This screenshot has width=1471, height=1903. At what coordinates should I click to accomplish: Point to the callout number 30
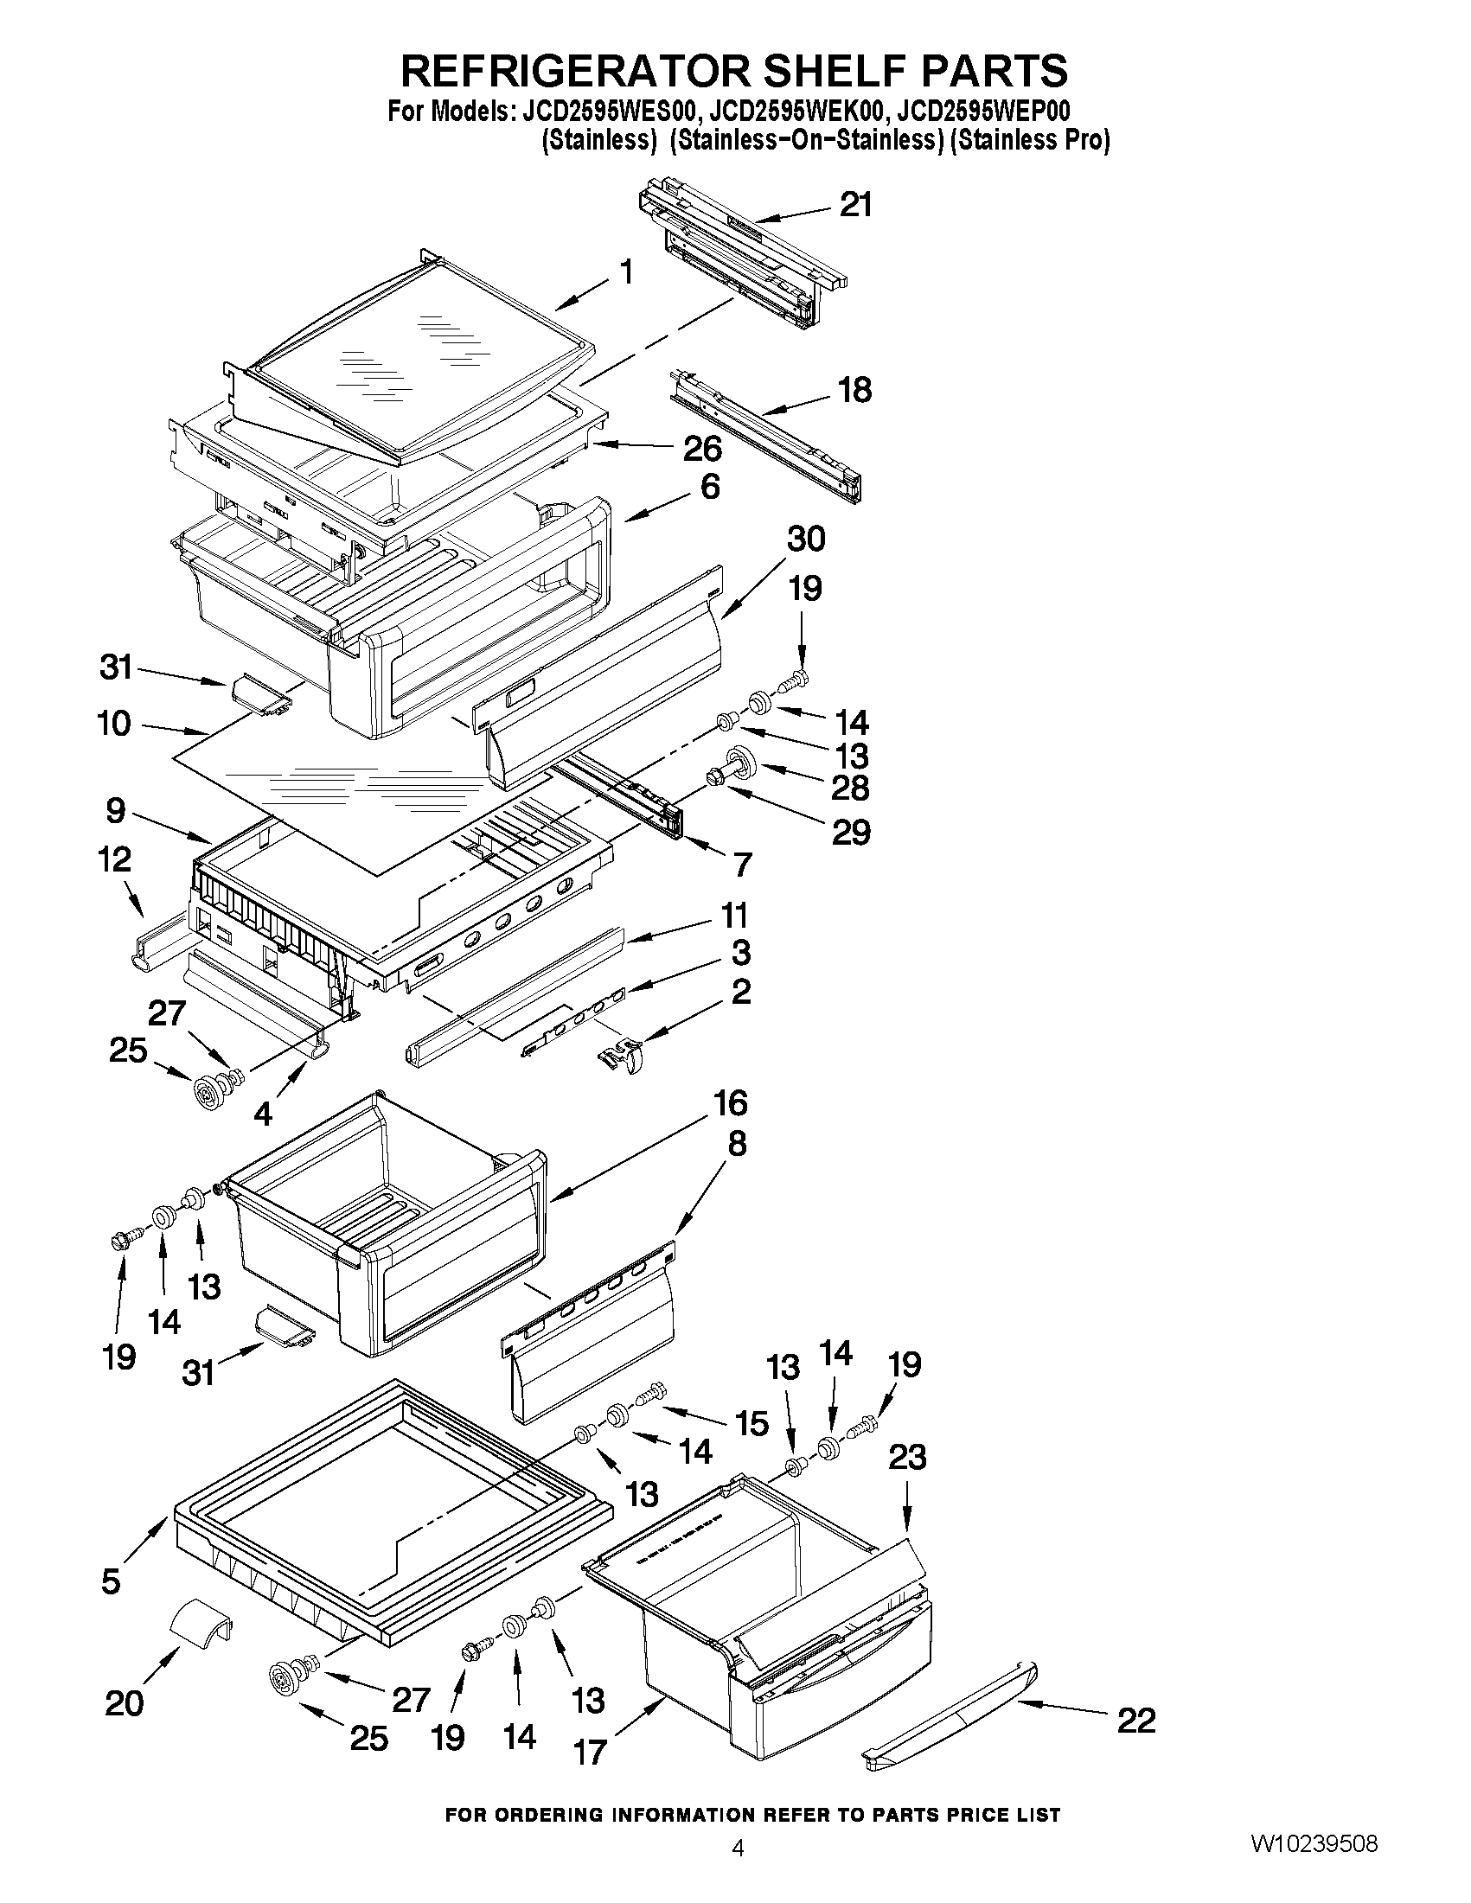click(805, 540)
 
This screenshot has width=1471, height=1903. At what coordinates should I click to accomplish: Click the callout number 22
click(1135, 1721)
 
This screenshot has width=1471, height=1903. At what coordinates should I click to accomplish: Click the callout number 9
click(116, 811)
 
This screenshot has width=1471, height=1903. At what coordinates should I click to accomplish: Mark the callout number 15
click(751, 1424)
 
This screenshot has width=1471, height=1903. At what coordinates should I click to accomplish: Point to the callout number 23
click(906, 1457)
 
